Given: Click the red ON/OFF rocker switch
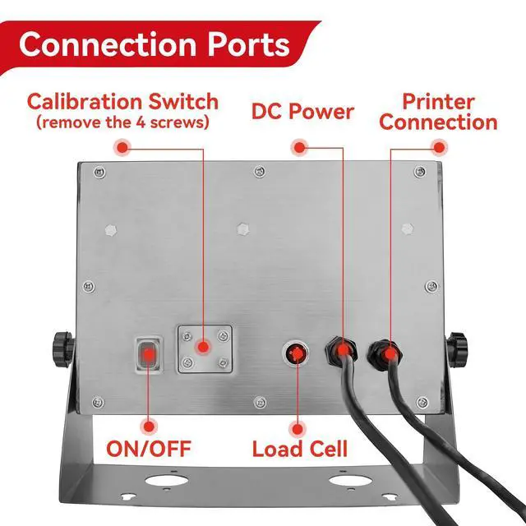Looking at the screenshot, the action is point(148,355).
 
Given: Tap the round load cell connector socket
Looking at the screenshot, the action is point(297,353).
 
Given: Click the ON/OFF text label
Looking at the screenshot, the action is point(149,449).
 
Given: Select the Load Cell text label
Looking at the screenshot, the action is point(299,449).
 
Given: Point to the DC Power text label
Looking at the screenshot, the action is point(302,111).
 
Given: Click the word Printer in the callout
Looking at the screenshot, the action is point(438,102).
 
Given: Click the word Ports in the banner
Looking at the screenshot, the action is point(248,44).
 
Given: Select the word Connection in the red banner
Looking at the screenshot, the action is point(108,44).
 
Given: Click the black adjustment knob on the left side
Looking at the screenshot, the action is point(62,349).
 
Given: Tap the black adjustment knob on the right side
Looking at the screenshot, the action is point(457,350).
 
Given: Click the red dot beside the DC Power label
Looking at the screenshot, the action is point(299,147).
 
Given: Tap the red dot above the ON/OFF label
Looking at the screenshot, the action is point(149,427).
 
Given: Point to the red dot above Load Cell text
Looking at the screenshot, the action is point(297,429).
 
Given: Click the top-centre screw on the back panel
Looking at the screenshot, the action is point(260,172).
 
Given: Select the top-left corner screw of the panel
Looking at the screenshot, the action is point(99,173).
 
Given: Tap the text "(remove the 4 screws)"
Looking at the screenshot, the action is point(122,122).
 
